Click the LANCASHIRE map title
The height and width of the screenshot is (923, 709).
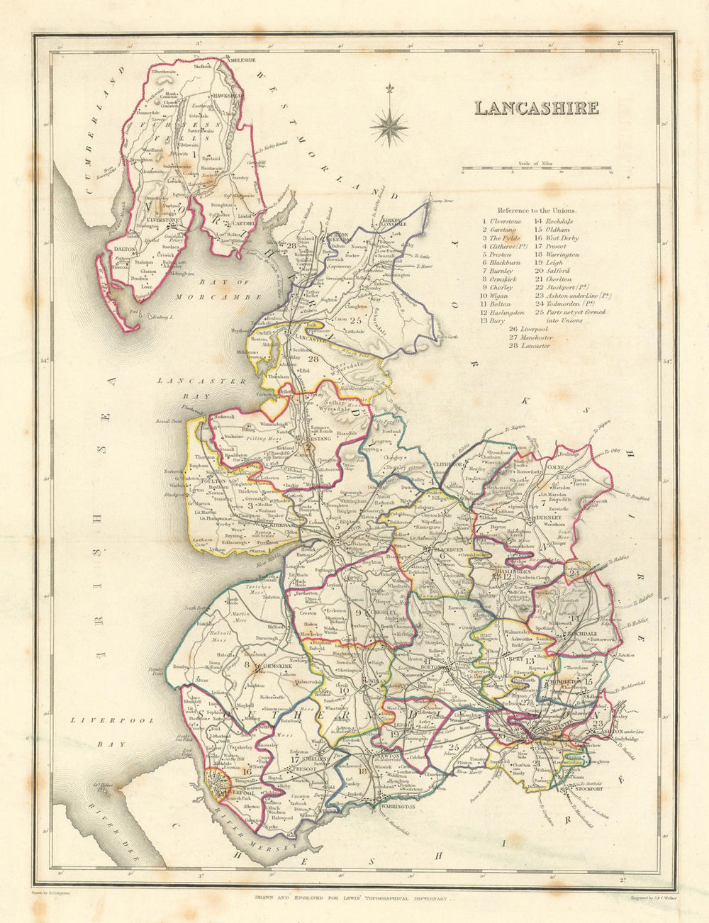[x=536, y=108]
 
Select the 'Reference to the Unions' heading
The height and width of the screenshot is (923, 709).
[x=537, y=211]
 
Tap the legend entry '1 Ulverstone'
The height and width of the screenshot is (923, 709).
[x=503, y=220]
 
